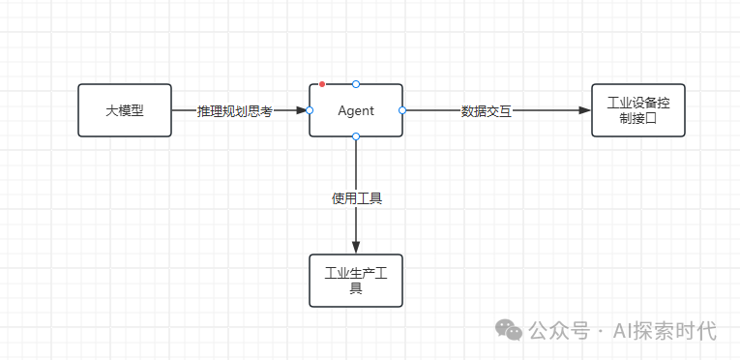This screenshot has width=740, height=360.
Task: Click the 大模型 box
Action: click(124, 110)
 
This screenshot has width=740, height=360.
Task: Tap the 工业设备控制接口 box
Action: click(637, 110)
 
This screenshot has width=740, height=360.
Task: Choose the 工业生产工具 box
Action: click(355, 281)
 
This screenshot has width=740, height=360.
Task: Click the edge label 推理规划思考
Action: click(235, 111)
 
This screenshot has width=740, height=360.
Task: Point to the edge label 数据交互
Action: click(487, 111)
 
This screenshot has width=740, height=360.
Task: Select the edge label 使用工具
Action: click(356, 198)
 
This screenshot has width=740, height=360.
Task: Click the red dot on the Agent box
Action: click(322, 84)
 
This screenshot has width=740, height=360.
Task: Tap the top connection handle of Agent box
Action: click(356, 84)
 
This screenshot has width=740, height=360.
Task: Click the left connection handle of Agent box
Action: click(310, 110)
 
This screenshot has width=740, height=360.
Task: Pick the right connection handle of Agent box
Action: click(402, 110)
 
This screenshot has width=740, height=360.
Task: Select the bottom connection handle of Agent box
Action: click(356, 137)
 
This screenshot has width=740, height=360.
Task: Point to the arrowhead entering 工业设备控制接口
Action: click(584, 110)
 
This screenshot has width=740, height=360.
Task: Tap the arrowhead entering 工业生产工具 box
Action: click(356, 247)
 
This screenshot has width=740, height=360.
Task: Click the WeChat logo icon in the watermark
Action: click(510, 330)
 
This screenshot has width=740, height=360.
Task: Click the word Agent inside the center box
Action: click(355, 110)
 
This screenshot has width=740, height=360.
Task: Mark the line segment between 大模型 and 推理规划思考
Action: click(184, 110)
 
